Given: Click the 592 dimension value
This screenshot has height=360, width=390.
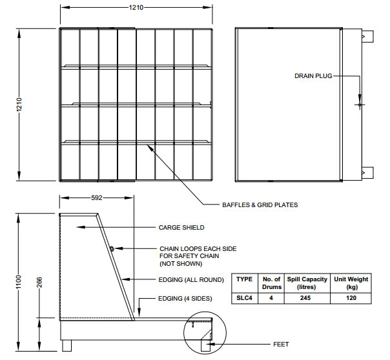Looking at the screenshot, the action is (x=96, y=198).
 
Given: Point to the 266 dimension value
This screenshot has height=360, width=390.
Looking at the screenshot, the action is (x=39, y=282).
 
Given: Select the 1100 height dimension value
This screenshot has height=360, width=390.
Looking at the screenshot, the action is (x=19, y=282).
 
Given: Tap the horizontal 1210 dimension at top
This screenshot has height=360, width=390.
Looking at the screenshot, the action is (x=136, y=8).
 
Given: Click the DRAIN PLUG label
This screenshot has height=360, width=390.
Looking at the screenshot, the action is (x=313, y=75).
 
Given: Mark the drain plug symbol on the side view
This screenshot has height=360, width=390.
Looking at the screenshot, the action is (x=360, y=105).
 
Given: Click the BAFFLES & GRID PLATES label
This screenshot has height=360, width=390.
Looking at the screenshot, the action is (x=260, y=205).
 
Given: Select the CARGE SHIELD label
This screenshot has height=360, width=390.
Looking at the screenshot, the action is (x=181, y=227).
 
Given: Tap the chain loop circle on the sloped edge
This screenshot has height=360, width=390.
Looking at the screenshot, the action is (x=112, y=248).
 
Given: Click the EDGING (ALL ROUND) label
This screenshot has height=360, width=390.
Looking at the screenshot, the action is (x=191, y=280).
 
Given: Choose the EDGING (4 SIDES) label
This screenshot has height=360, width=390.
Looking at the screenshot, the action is (x=185, y=298).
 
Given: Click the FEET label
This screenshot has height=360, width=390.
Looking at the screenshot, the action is (x=281, y=345).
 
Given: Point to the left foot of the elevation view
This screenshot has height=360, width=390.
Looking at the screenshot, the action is (x=67, y=346).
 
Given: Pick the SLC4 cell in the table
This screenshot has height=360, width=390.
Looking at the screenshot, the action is (x=244, y=298).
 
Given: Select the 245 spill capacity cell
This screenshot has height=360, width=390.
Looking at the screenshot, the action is (x=305, y=298).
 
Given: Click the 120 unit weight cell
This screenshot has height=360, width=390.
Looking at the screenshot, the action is (x=351, y=298).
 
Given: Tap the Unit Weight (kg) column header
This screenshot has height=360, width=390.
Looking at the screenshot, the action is (x=351, y=283).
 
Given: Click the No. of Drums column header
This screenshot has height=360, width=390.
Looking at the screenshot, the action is (x=271, y=283).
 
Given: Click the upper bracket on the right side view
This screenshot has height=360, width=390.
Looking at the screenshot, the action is (x=367, y=37).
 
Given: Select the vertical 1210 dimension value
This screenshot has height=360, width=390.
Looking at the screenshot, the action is (x=19, y=105).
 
